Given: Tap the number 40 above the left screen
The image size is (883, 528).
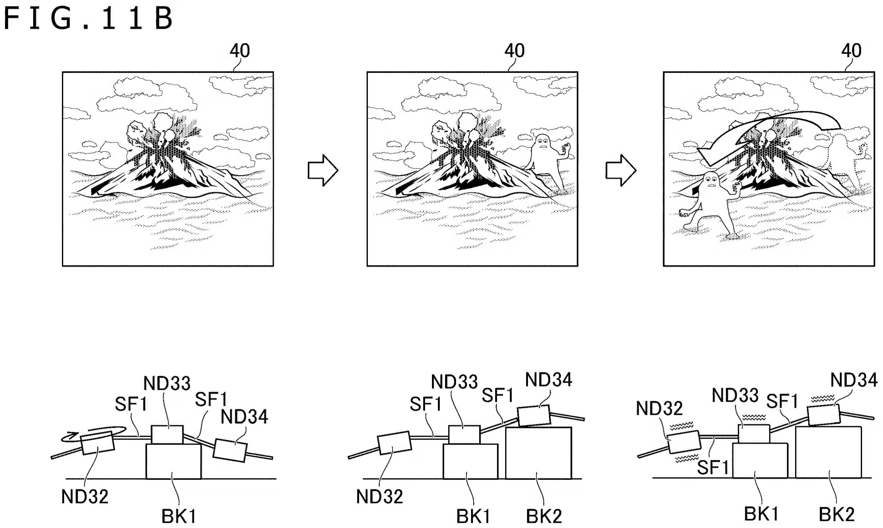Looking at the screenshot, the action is (x=240, y=51).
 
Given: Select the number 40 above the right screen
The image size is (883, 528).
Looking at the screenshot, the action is (x=851, y=51).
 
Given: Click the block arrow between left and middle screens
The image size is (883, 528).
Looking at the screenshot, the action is (x=322, y=170).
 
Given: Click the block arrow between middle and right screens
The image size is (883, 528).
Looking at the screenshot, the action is (x=621, y=170).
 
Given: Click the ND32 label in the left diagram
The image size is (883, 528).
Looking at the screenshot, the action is (x=85, y=496).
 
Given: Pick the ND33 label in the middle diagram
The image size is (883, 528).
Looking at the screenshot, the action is (x=454, y=382).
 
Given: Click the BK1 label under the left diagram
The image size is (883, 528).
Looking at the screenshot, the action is (x=179, y=516).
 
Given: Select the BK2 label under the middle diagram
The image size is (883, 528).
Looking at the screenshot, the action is (x=544, y=516).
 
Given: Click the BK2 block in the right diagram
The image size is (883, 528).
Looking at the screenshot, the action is (x=828, y=452).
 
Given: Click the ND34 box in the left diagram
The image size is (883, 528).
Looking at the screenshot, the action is (x=230, y=450).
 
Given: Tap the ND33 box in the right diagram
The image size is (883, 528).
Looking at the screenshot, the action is (x=754, y=434).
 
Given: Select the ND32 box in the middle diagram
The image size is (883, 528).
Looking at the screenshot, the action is (x=394, y=443).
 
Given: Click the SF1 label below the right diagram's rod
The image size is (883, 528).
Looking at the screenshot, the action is (x=713, y=467).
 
